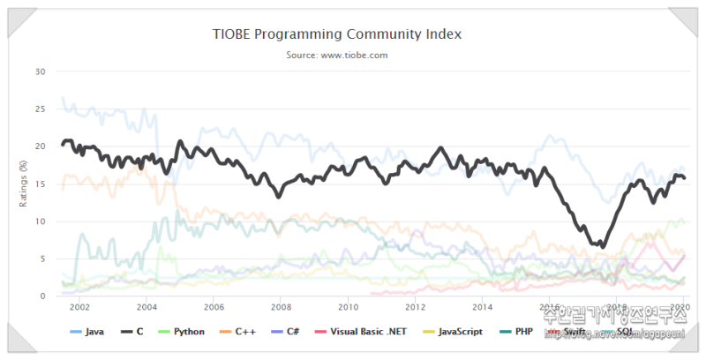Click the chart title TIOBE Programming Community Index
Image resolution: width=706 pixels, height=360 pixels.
coord(337,34)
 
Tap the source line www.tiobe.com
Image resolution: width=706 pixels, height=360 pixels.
coord(337,55)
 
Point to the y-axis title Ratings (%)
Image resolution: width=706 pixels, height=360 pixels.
coord(24,183)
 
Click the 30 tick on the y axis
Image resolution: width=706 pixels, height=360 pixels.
coord(39,71)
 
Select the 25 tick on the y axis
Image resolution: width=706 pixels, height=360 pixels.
coord(39,109)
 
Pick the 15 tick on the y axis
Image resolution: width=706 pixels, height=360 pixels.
coord(39,184)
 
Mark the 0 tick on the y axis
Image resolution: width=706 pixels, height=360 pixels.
coord(41,296)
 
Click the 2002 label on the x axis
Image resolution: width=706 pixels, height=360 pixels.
coord(79,307)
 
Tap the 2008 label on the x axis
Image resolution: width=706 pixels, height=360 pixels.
coord(281,307)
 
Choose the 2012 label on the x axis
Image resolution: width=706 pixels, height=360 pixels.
coord(415,307)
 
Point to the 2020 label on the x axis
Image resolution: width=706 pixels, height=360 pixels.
coord(680,307)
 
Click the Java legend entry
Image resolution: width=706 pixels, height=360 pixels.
coord(90,332)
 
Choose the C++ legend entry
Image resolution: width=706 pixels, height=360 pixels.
coord(241,332)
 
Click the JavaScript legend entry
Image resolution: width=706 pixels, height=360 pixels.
coord(454,332)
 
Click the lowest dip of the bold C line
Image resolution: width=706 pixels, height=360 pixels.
coord(602,246)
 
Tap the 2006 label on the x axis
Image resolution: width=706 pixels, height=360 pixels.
coord(214,307)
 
